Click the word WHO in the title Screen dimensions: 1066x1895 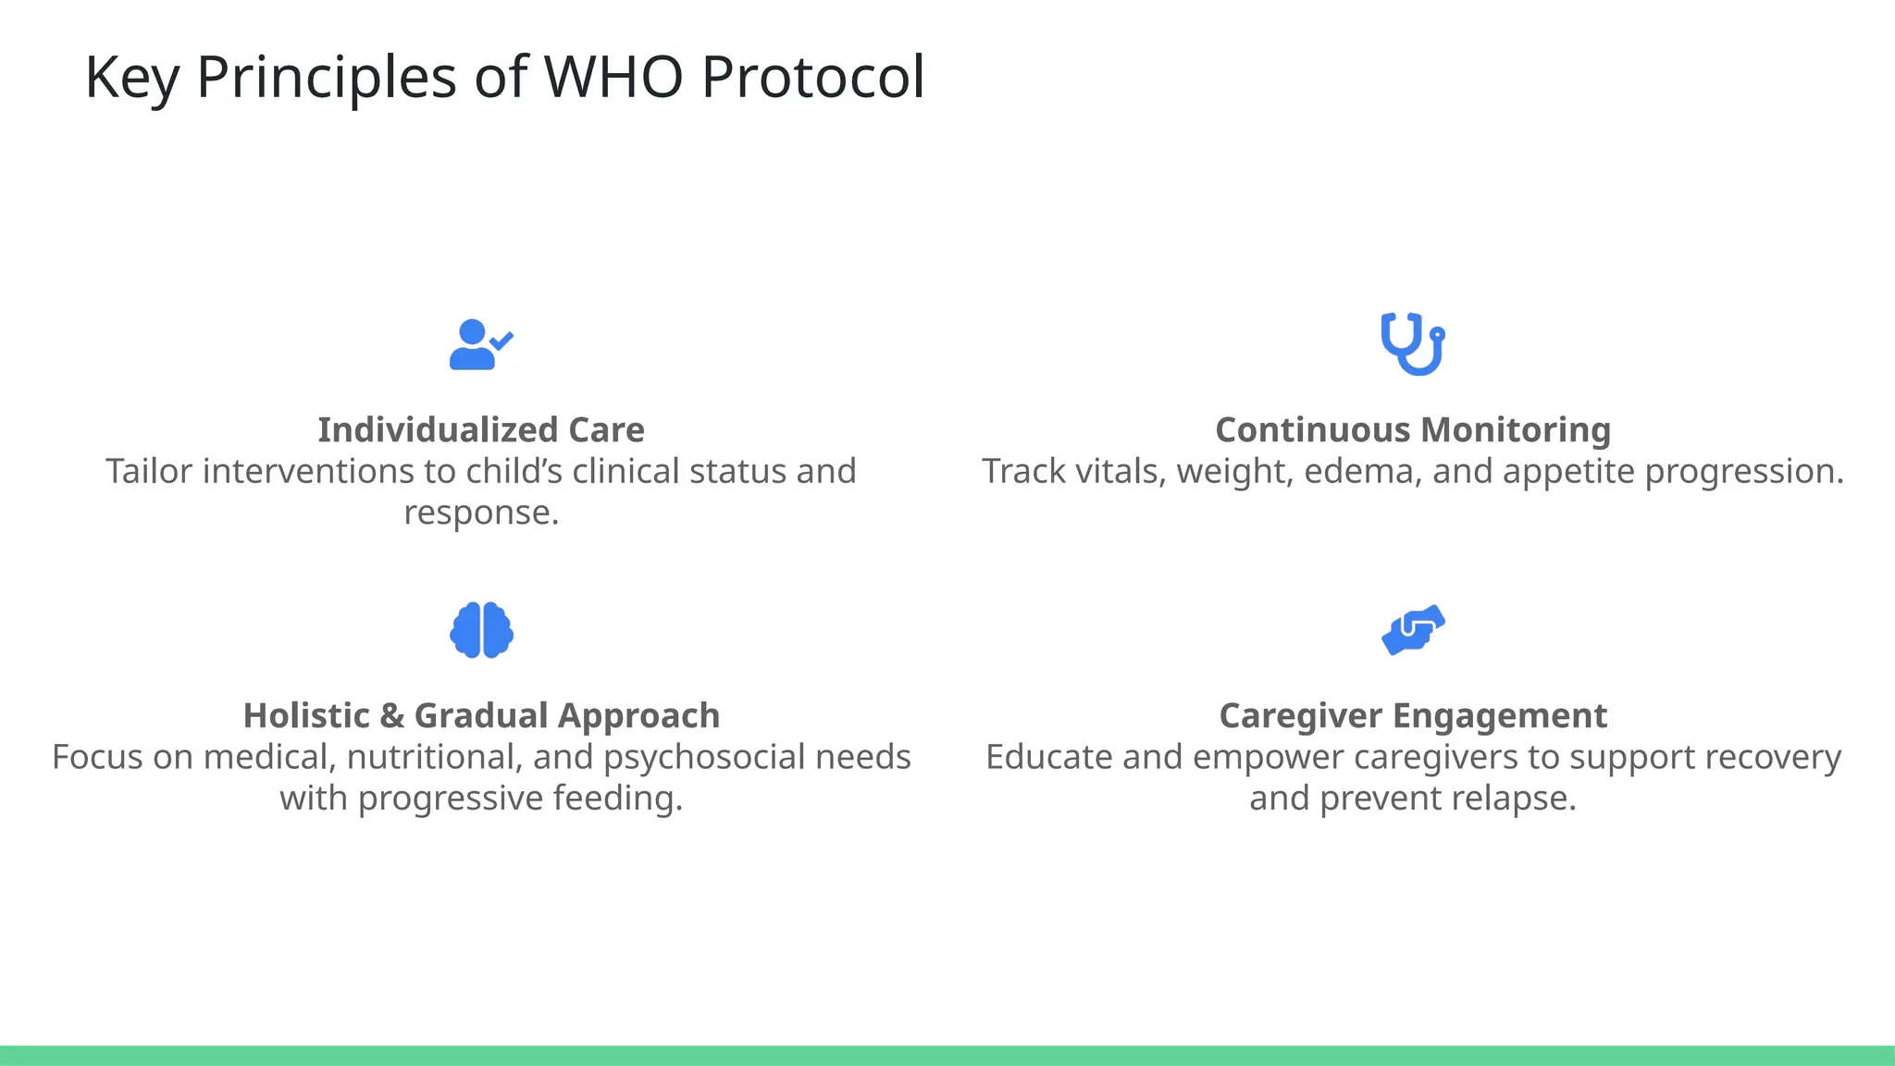coord(613,77)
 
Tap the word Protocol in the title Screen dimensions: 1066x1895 coord(812,77)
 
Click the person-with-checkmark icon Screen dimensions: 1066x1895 coord(480,344)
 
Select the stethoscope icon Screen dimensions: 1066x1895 coord(1412,344)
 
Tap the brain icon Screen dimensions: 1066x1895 coord(481,630)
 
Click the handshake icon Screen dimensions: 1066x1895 coord(1413,630)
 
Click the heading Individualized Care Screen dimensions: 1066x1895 coord(480,430)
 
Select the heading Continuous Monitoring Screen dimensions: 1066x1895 coord(1413,430)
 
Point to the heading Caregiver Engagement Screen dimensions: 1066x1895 coord(1413,716)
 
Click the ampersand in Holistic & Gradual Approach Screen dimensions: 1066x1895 coord(391,716)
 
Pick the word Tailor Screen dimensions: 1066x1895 coord(148,472)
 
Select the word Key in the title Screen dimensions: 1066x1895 coord(131,79)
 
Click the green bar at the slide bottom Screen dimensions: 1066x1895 coord(947,1055)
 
